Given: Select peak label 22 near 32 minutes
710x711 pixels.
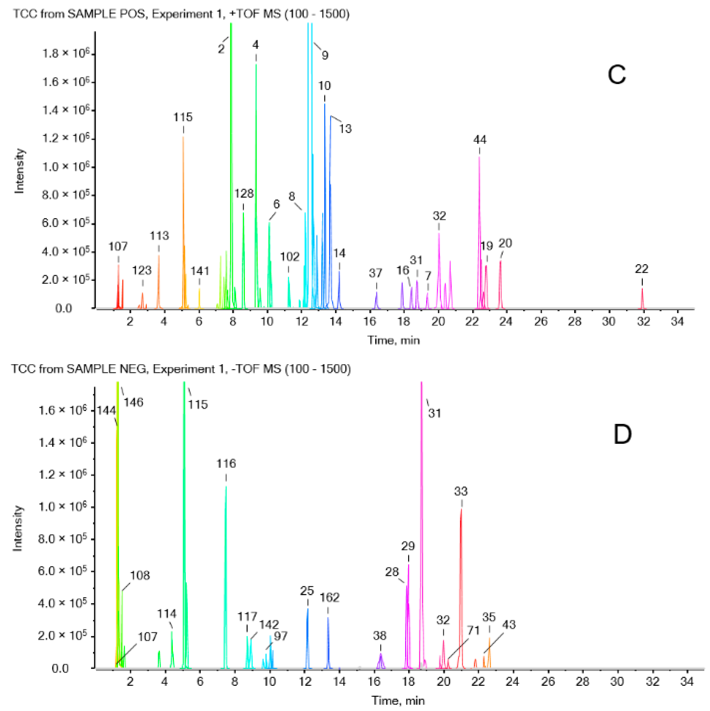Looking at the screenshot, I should pyautogui.click(x=642, y=269).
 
